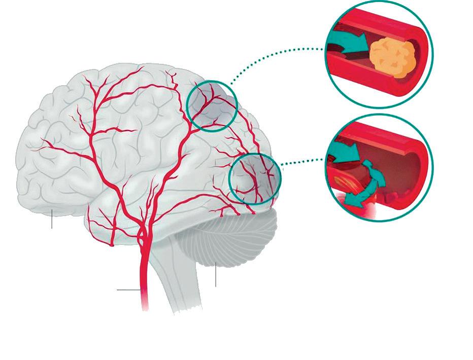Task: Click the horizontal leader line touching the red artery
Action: [x=128, y=290]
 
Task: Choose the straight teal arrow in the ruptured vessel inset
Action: [x=345, y=151]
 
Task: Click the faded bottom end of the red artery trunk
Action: [x=145, y=304]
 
